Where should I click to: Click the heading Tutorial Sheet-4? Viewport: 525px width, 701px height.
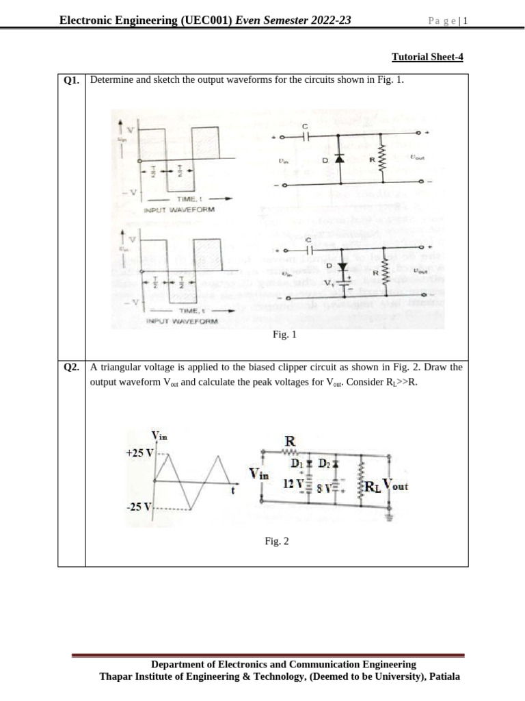(427, 57)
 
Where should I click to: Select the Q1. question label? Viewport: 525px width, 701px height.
(71, 80)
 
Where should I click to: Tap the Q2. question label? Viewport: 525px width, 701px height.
(71, 368)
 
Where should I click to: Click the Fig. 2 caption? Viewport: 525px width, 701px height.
(277, 541)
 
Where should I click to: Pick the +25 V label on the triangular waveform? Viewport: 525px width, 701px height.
(139, 453)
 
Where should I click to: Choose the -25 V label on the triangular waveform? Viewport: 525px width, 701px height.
(138, 507)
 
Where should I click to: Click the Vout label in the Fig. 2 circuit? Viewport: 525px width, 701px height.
(396, 485)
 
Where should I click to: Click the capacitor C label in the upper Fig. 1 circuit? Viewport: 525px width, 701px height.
(306, 125)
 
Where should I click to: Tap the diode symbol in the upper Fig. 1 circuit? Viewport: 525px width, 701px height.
(338, 158)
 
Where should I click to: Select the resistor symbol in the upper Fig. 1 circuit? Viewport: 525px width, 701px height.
(382, 160)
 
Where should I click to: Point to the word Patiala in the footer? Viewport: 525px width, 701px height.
(444, 676)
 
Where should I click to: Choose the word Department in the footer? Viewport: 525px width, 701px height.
(178, 664)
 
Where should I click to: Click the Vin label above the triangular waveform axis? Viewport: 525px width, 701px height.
(159, 435)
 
